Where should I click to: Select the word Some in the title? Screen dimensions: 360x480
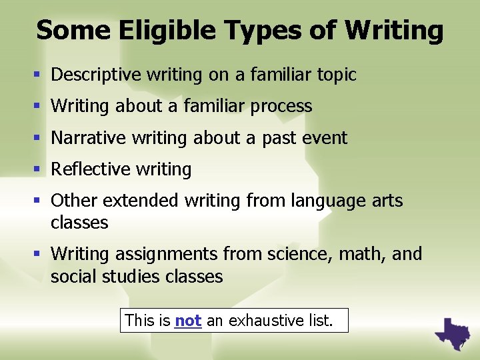point(63,31)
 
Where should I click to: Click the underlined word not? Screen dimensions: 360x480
point(188,321)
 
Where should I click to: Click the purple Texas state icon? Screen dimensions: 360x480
point(452,332)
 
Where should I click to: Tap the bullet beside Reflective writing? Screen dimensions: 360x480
point(42,170)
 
